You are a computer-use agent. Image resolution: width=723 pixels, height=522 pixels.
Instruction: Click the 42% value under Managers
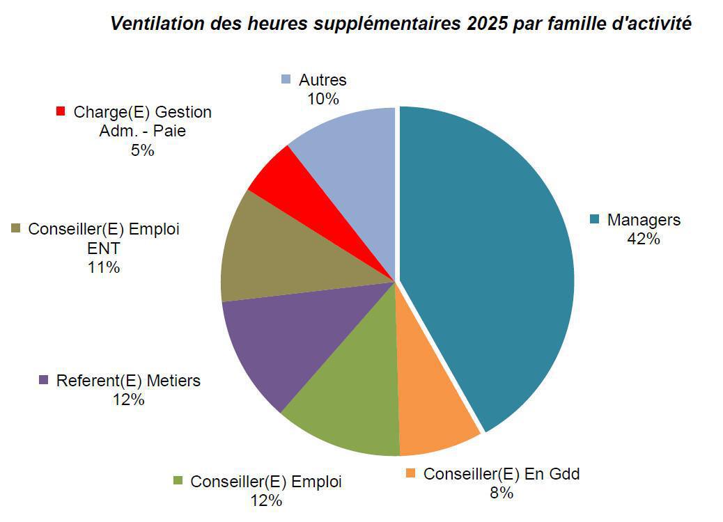tap(643, 239)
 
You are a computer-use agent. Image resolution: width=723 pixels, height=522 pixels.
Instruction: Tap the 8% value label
tap(502, 493)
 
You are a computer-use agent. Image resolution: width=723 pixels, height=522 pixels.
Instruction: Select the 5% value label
tap(142, 150)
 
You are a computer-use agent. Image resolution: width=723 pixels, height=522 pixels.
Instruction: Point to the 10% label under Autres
tap(322, 99)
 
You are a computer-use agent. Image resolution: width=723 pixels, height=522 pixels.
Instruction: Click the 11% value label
tap(104, 267)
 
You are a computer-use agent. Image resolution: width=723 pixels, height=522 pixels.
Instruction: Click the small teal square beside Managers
tap(594, 220)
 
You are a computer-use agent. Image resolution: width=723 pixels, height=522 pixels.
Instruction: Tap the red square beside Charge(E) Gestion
tap(61, 111)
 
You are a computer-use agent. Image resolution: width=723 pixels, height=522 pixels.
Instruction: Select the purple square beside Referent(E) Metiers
tap(43, 381)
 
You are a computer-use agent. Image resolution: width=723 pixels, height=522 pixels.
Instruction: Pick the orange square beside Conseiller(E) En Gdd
tap(410, 474)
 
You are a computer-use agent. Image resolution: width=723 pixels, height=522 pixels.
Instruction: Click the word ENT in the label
tap(104, 248)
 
